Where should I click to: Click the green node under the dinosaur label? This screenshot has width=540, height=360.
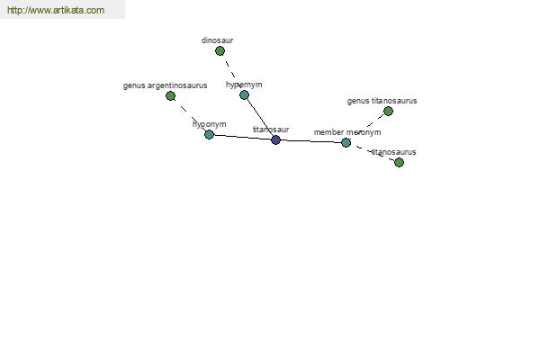tap(220, 51)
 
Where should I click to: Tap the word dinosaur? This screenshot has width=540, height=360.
tap(217, 40)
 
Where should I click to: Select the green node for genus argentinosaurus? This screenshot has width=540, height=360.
tap(170, 95)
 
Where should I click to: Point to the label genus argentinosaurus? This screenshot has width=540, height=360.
tap(165, 85)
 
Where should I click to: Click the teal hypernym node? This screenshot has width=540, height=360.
tap(244, 94)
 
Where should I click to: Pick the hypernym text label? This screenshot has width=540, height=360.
tap(244, 85)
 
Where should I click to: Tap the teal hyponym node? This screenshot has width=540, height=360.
tap(209, 134)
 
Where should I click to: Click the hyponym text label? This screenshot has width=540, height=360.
tap(210, 124)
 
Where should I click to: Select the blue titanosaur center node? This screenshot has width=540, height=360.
tap(276, 139)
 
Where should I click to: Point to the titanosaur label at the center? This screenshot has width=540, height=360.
tap(271, 130)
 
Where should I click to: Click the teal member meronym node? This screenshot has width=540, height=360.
tap(346, 142)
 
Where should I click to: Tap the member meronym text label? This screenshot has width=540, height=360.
tap(347, 132)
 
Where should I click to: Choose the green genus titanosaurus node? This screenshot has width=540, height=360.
tap(388, 112)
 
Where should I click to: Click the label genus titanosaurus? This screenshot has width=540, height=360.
tap(382, 101)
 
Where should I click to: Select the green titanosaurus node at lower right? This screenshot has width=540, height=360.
tap(399, 162)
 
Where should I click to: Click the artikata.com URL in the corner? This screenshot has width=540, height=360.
tap(56, 10)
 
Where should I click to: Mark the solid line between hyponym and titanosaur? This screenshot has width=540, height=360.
tap(242, 137)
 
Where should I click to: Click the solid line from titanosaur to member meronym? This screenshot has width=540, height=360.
tap(311, 141)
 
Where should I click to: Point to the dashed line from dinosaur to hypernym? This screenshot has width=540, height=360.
tap(232, 73)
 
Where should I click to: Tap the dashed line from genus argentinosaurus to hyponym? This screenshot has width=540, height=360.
tap(190, 115)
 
